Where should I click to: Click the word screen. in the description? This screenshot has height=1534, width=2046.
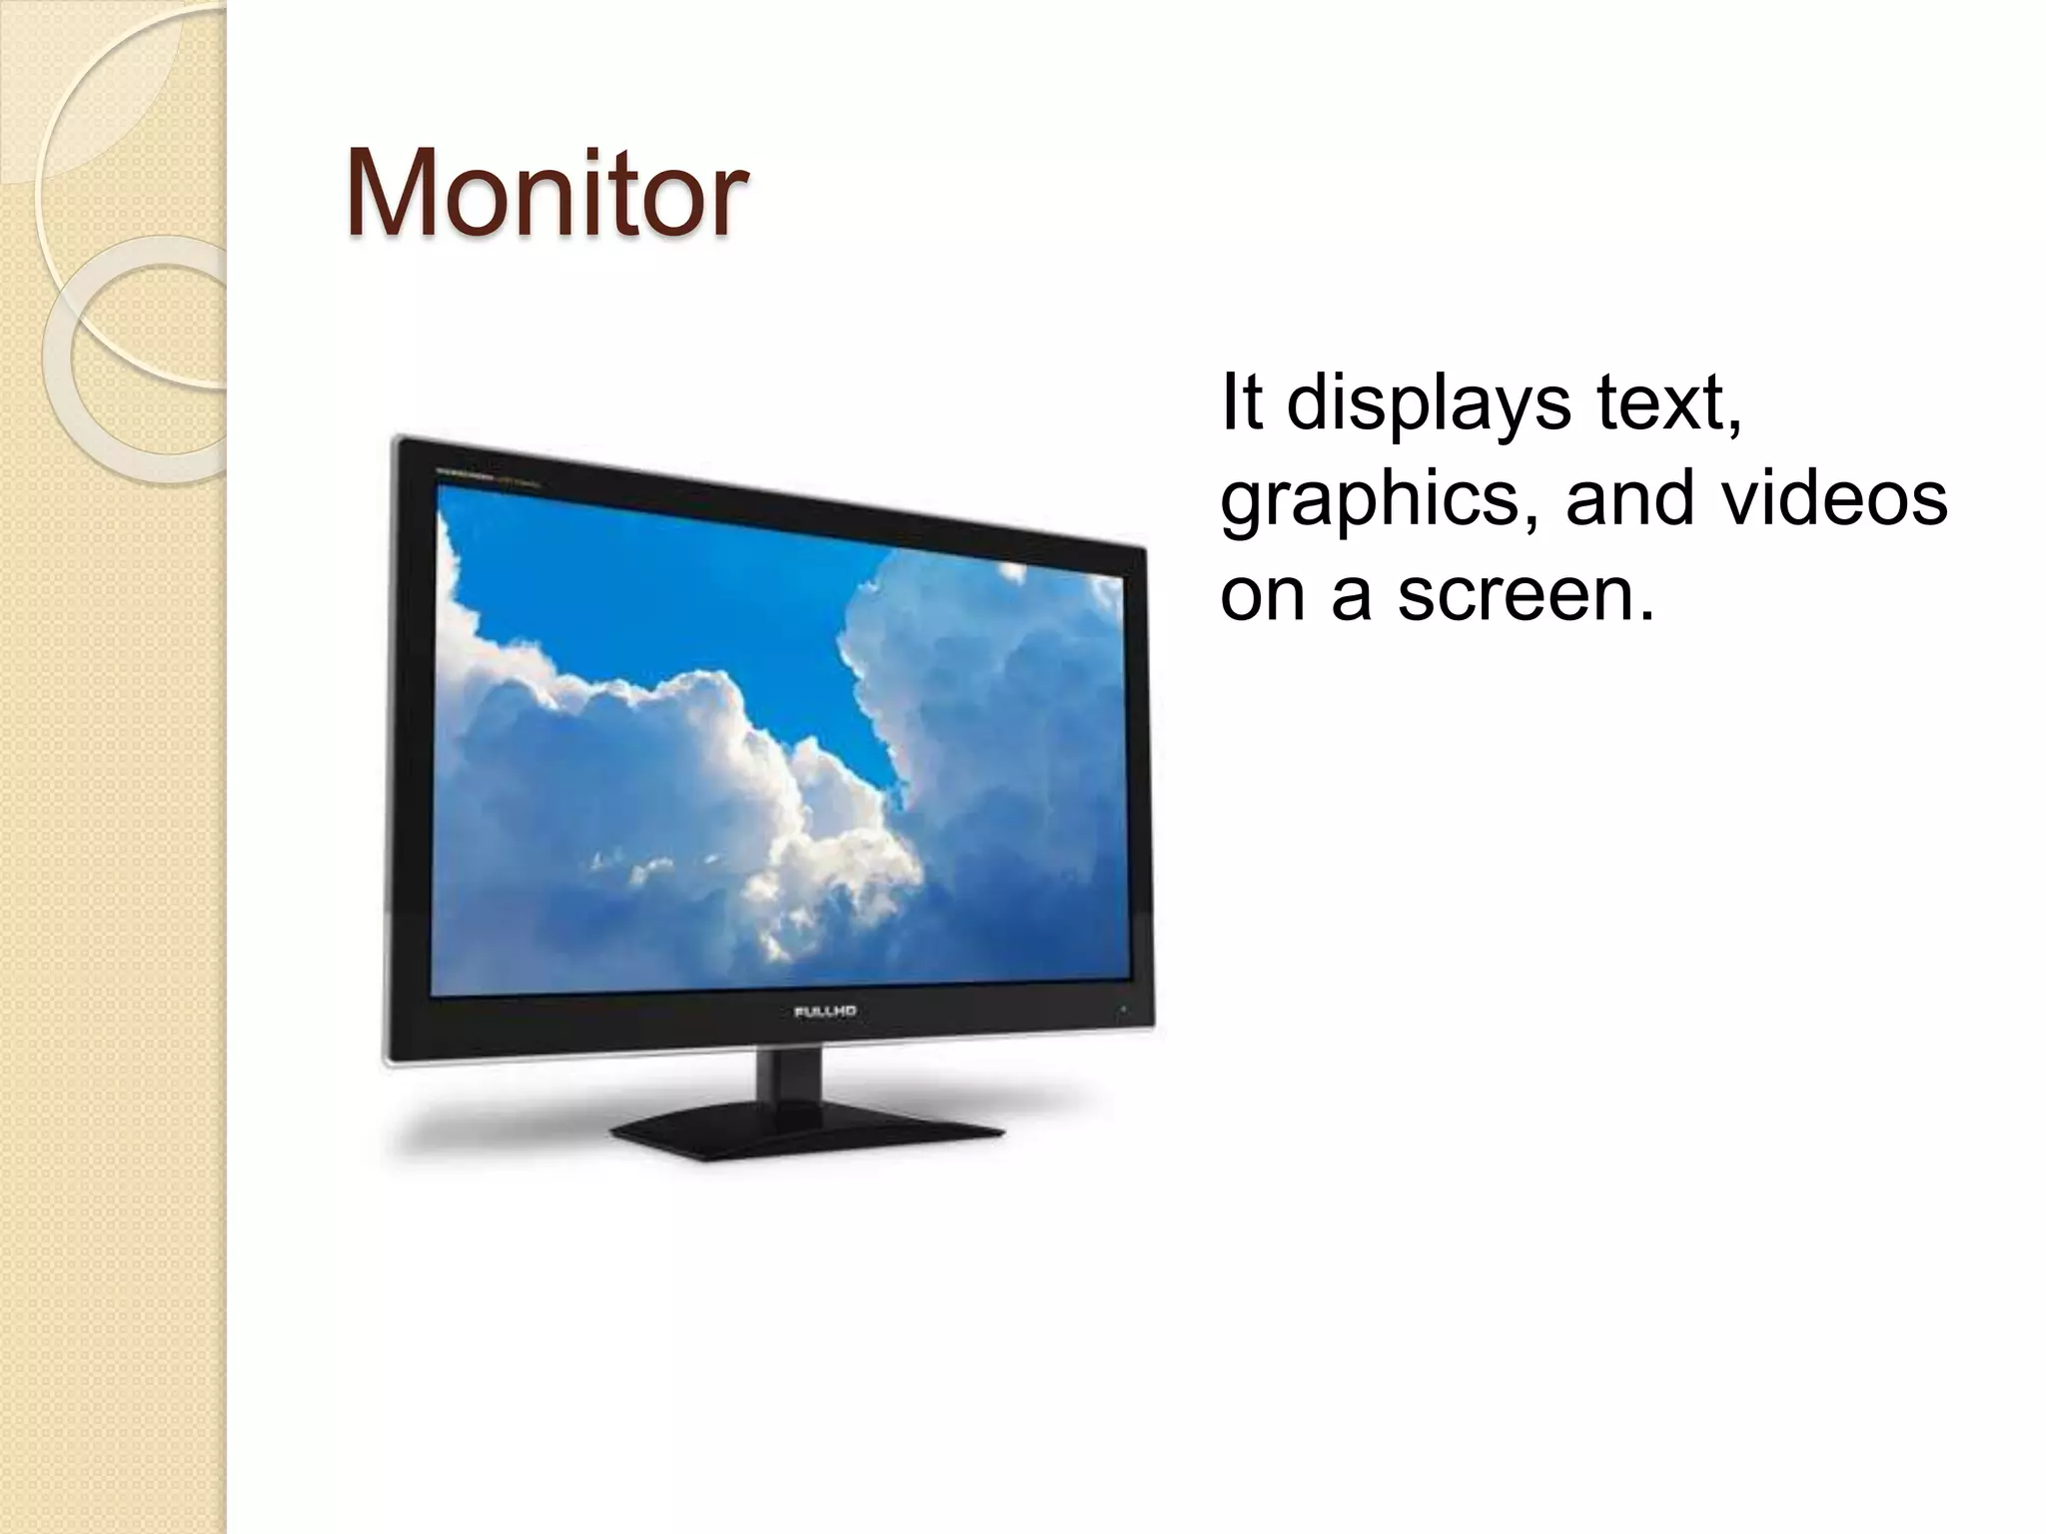click(x=1526, y=593)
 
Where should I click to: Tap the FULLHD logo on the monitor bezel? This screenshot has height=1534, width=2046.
click(x=825, y=1011)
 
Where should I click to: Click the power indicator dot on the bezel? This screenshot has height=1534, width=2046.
click(x=1122, y=1009)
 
